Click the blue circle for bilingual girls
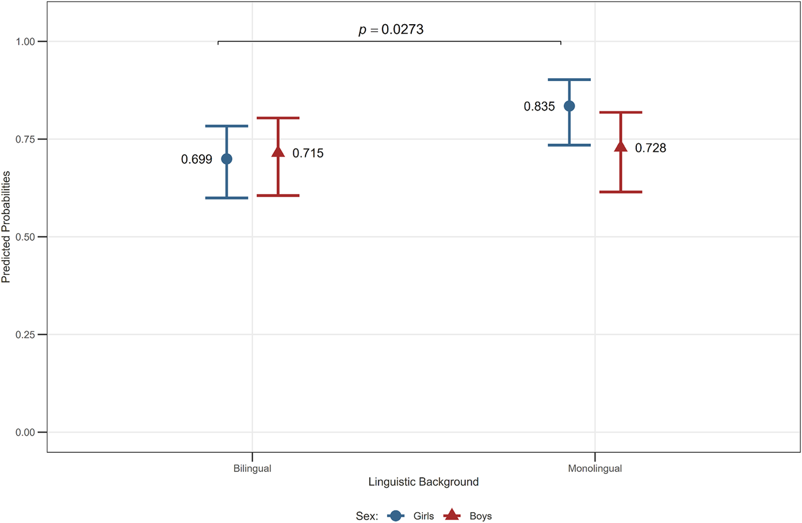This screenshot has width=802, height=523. pos(227,159)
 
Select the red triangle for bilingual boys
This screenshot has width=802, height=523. pos(278,152)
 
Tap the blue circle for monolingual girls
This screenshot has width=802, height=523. pos(569,106)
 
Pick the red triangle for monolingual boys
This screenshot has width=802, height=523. pos(621,146)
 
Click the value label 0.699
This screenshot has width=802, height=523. pos(197,159)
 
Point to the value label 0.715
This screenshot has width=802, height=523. pos(308,153)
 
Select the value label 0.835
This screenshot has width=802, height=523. pos(539,106)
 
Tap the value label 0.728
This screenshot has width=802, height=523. pos(651,148)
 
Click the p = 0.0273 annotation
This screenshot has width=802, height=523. pos(391,29)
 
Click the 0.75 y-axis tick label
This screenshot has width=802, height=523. pos(25,139)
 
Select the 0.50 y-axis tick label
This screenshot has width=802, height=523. pos(25,237)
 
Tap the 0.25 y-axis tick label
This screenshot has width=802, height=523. pos(25,334)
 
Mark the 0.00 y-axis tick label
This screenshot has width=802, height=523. pos(25,432)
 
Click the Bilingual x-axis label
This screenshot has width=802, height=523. pos(253,468)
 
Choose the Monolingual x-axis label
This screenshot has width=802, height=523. pos(595,468)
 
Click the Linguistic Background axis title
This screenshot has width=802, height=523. pos(423,482)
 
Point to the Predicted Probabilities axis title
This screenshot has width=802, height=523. pos(6,227)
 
